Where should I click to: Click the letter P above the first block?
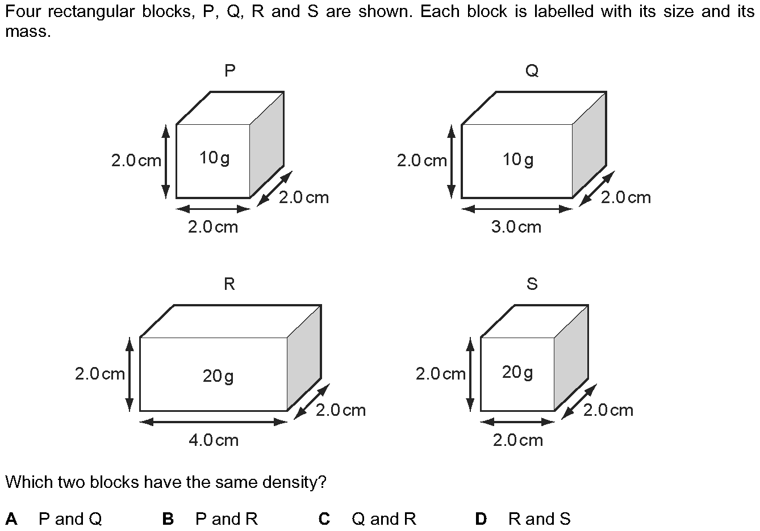(x=229, y=70)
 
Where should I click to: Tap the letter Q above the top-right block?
(x=532, y=71)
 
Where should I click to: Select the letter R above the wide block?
(x=229, y=284)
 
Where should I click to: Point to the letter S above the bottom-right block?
(x=532, y=284)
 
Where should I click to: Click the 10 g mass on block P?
(x=215, y=158)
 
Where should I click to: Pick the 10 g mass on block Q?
(x=518, y=160)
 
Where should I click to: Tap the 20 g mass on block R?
(x=218, y=376)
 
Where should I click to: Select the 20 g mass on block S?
(x=517, y=372)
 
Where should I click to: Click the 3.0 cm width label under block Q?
(x=516, y=227)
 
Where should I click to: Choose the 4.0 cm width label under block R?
(x=214, y=440)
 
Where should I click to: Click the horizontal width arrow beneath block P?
(x=213, y=209)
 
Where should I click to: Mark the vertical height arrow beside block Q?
(x=451, y=161)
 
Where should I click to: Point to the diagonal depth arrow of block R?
(x=311, y=402)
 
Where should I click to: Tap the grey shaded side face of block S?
(x=571, y=358)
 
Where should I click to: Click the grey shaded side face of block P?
(x=266, y=145)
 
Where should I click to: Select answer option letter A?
(x=11, y=519)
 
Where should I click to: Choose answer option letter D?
(x=481, y=519)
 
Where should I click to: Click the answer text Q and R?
(x=384, y=519)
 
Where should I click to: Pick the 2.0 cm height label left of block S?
(x=441, y=374)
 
